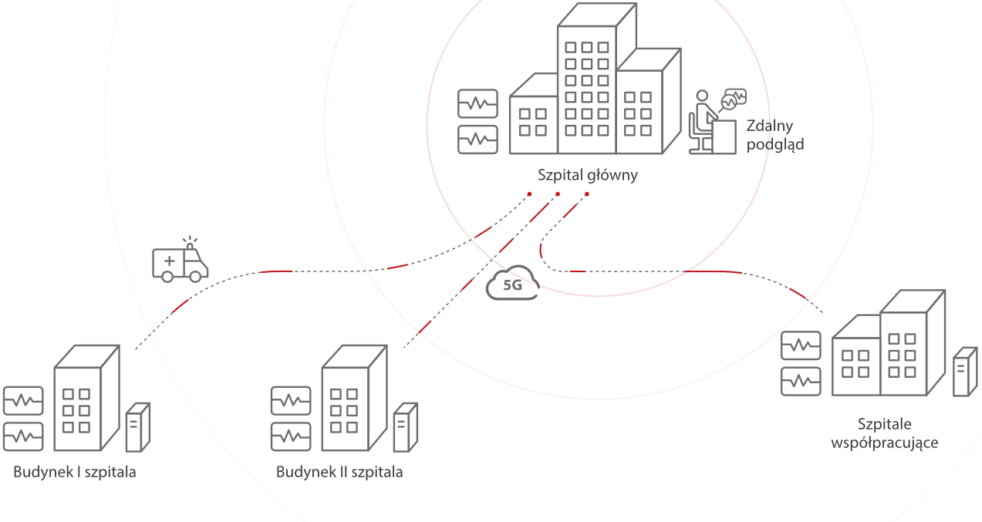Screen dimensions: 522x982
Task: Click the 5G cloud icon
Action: point(513,284)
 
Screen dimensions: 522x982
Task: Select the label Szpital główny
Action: point(588,175)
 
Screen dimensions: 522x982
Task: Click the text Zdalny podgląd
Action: point(775,134)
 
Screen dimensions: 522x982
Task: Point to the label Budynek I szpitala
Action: point(75,472)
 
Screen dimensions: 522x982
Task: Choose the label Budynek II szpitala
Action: point(339,472)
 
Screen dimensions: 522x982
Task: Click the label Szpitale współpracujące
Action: point(884,433)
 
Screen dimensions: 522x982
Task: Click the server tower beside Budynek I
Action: point(137,427)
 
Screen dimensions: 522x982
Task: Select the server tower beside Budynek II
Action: point(405,427)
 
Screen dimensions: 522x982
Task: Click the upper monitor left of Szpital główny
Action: point(478,103)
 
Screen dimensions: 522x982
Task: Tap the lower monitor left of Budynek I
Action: point(23,436)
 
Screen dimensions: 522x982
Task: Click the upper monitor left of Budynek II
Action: point(291,400)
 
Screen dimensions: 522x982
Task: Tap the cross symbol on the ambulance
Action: point(169,262)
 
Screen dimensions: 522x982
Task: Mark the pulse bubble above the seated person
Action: point(734,97)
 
